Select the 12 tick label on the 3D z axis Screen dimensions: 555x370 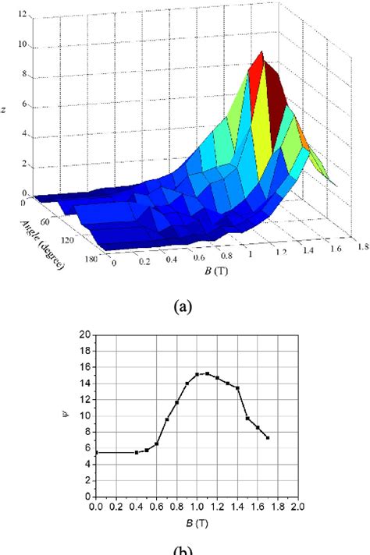click(x=26, y=14)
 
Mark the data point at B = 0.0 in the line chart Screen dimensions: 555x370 click(x=96, y=452)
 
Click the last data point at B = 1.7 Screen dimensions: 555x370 click(x=268, y=437)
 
